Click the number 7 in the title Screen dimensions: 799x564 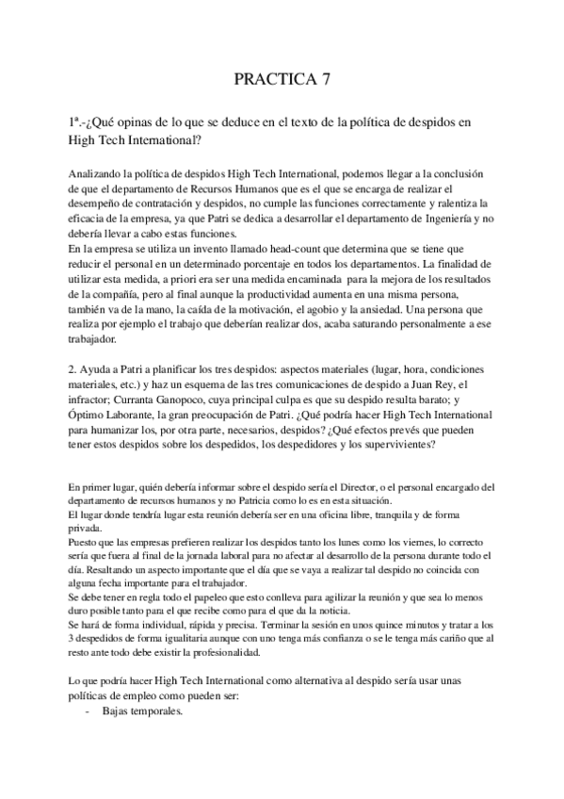[326, 80]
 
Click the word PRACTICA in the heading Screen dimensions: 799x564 [274, 80]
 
